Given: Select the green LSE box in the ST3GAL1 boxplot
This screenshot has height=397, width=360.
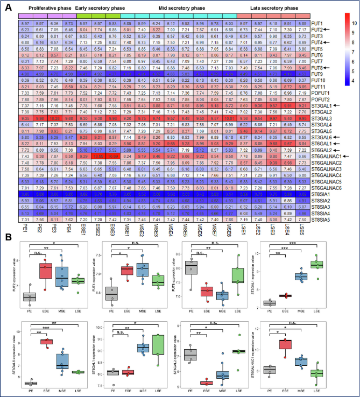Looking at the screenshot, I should [322, 264].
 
